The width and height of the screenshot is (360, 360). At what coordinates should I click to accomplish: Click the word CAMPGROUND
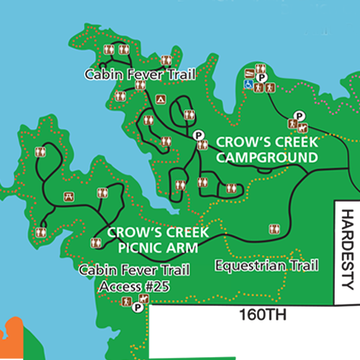click(x=266, y=158)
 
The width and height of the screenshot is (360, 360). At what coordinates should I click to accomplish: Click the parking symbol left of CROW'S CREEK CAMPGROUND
click(x=198, y=135)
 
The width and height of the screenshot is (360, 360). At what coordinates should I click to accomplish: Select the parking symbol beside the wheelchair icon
click(x=263, y=77)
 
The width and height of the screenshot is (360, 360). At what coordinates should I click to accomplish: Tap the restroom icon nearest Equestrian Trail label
click(x=274, y=229)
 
